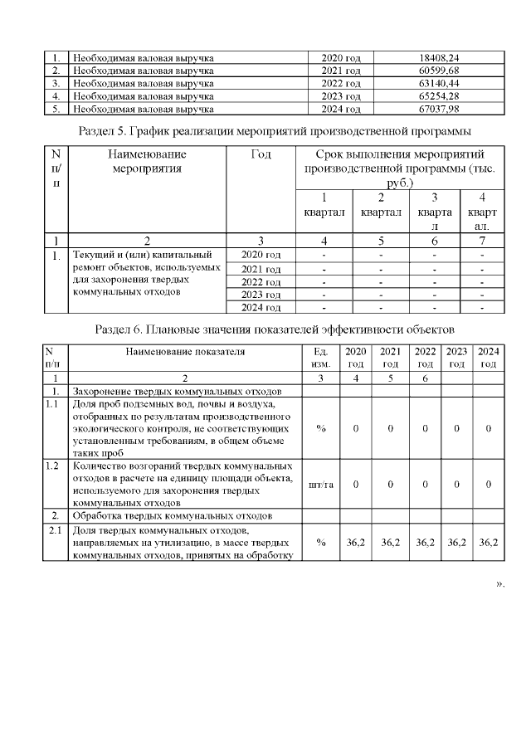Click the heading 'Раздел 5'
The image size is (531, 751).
point(275,130)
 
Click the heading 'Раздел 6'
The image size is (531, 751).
point(275,331)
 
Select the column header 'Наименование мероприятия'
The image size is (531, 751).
point(146,161)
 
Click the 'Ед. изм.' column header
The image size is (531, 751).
point(320,358)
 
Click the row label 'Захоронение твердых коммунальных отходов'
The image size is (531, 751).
point(178,390)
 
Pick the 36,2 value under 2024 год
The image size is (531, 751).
point(489,542)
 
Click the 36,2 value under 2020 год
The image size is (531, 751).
point(355,542)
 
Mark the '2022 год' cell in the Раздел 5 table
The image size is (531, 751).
point(261,281)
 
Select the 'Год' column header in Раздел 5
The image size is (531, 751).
point(261,154)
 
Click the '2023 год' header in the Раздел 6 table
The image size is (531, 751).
point(456,358)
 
